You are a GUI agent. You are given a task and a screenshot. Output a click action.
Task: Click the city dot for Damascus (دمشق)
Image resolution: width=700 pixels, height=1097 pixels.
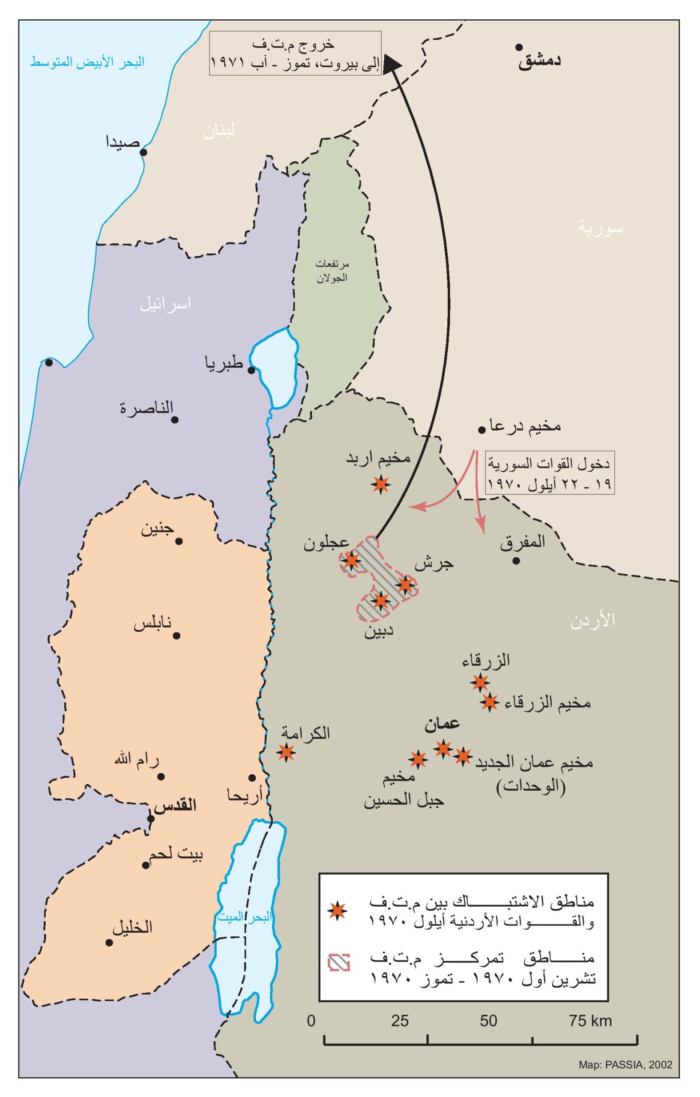tap(519, 48)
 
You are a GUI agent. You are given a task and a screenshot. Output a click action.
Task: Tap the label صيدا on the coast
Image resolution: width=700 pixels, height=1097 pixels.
tap(123, 142)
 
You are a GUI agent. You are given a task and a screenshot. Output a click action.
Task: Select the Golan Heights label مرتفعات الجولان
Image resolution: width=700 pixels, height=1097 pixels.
tap(332, 271)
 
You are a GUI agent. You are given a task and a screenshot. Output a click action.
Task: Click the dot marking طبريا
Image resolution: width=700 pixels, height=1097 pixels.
tap(251, 370)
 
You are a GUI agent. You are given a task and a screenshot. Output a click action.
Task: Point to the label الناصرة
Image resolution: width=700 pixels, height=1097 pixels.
tap(147, 407)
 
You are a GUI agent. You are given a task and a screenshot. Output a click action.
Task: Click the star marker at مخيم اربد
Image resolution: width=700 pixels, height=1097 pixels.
tap(381, 484)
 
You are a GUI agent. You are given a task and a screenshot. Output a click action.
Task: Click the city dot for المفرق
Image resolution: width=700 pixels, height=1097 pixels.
tap(516, 561)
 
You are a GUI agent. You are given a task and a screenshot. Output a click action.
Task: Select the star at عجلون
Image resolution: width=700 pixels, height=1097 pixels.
tap(351, 560)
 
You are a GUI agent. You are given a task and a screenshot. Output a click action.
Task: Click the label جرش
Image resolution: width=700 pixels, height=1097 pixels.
tap(434, 564)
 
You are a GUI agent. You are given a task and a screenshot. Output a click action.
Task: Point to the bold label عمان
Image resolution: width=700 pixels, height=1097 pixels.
tap(442, 724)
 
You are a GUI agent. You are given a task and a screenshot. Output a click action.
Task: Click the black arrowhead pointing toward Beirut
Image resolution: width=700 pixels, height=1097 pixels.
tap(394, 63)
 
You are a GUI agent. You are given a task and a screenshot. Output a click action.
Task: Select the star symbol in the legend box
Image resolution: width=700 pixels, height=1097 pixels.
tap(338, 910)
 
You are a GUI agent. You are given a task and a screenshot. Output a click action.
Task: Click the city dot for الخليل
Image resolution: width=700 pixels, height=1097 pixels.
tap(109, 943)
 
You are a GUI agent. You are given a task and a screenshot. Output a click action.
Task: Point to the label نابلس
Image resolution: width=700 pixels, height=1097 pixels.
tap(153, 623)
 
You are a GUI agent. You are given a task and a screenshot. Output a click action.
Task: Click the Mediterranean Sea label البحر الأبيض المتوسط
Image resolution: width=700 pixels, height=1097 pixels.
tap(87, 63)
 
